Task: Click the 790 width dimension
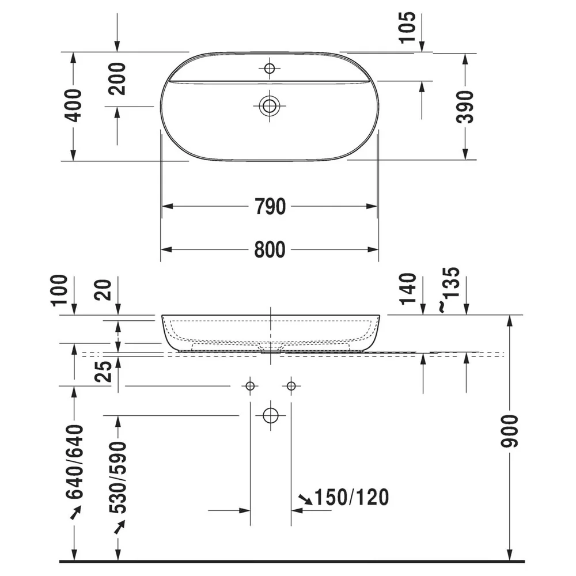(270, 206)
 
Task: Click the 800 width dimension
(270, 250)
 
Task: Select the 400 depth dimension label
(73, 105)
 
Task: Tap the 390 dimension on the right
(465, 107)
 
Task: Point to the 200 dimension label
(118, 79)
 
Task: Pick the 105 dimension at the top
(407, 27)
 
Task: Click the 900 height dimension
(509, 431)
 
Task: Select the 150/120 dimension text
(352, 498)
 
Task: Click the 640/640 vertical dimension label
(74, 462)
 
